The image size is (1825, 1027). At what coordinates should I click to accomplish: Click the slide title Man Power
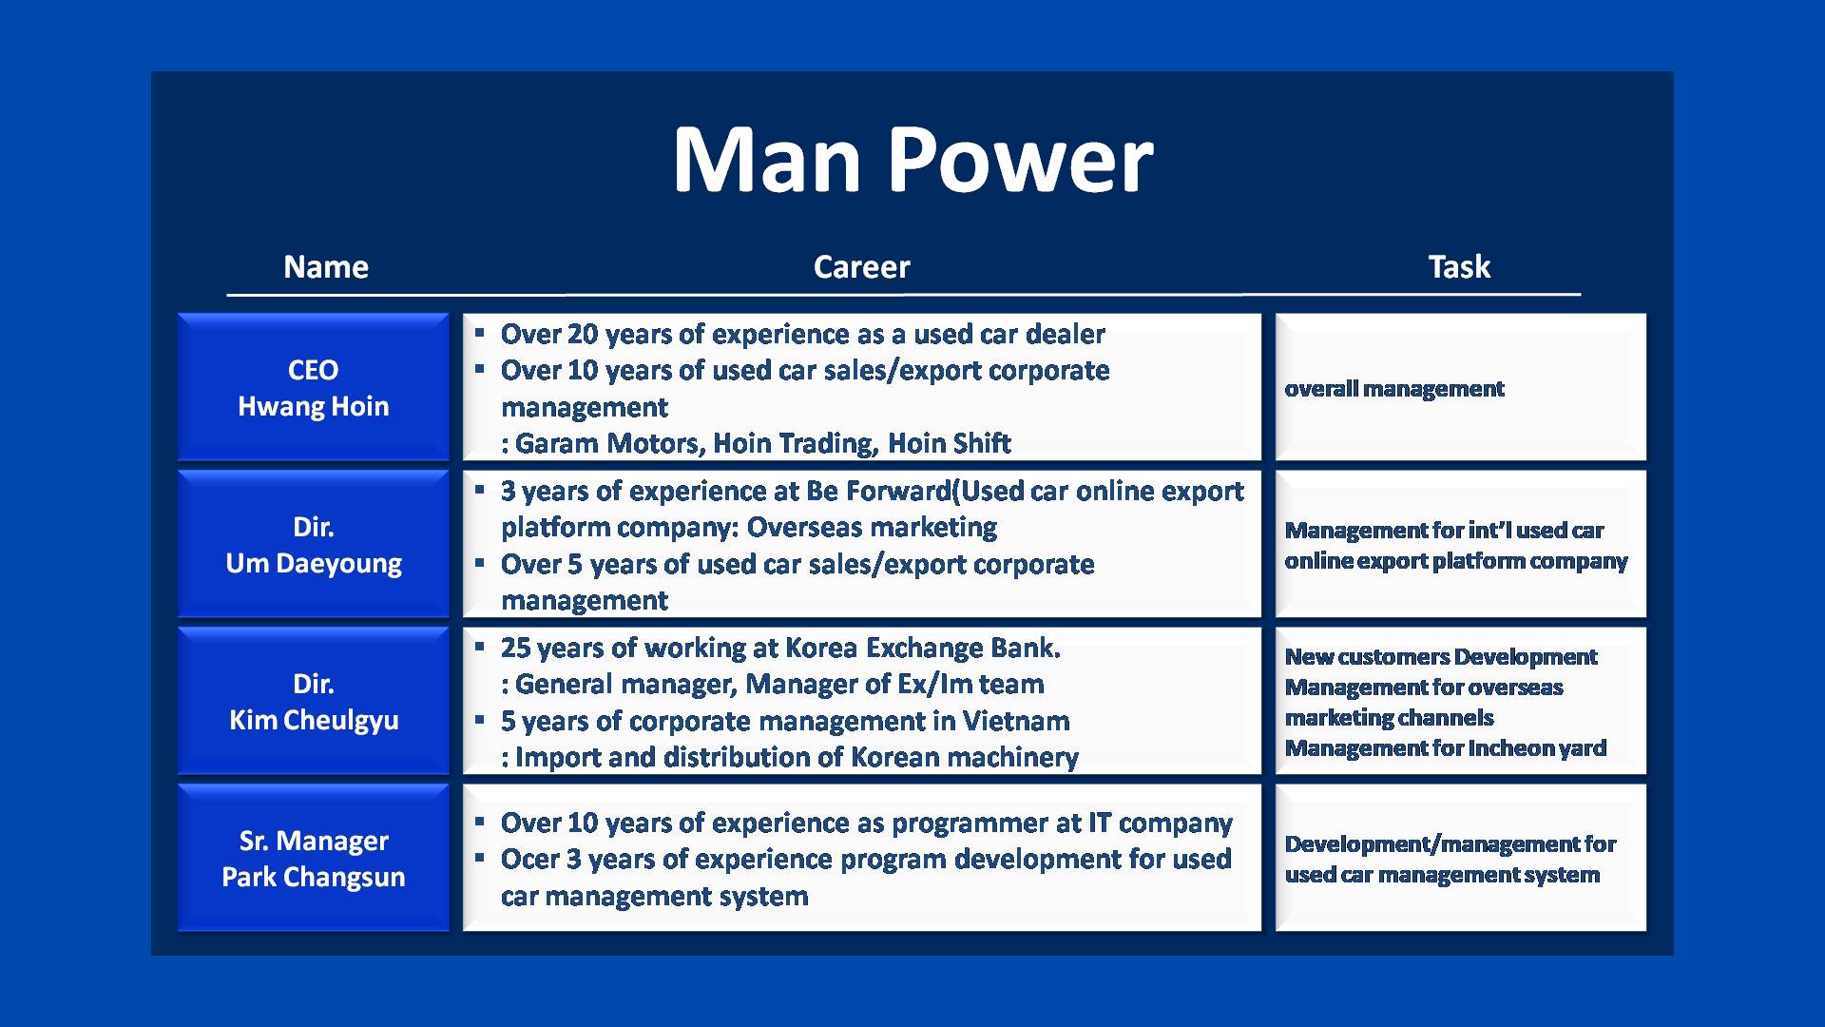(912, 160)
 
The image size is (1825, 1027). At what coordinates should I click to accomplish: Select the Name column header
(326, 267)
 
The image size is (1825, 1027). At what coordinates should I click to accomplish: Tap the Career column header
(861, 267)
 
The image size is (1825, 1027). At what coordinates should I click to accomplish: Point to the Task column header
(1459, 266)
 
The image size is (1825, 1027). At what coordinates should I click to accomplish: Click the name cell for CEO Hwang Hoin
(314, 387)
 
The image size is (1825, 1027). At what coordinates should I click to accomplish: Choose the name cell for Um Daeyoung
(314, 544)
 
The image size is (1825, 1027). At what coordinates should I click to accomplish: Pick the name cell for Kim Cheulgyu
(314, 701)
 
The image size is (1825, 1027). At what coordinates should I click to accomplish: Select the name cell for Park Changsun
(314, 858)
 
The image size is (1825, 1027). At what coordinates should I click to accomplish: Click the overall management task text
(1394, 389)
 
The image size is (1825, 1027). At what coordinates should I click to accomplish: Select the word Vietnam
(1016, 721)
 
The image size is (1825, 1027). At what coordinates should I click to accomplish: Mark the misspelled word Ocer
(530, 860)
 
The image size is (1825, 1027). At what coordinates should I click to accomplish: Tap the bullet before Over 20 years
(480, 333)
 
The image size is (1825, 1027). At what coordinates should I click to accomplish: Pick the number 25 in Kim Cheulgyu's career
(516, 649)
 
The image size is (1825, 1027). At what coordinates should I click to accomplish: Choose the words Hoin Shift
(950, 443)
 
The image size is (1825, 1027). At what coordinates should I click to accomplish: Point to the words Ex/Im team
(991, 685)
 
